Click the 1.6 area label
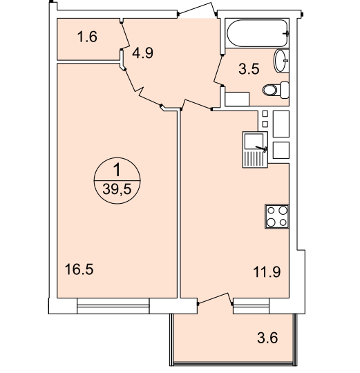click(87, 37)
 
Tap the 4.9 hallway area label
click(143, 52)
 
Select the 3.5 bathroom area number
click(249, 69)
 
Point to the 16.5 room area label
click(79, 269)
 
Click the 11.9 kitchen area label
click(267, 272)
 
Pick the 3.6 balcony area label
click(267, 338)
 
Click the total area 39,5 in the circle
click(117, 189)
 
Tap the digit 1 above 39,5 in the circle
click(117, 171)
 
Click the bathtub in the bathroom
click(257, 33)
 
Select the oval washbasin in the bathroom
click(281, 61)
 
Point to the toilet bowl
click(276, 90)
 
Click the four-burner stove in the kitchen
click(276, 216)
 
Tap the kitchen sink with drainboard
click(255, 150)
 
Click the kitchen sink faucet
click(261, 148)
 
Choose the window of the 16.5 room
click(113, 306)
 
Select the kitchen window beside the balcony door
click(251, 306)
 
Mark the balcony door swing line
click(215, 298)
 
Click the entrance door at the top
click(197, 9)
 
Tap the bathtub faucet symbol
click(286, 34)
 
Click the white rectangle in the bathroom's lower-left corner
click(237, 99)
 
